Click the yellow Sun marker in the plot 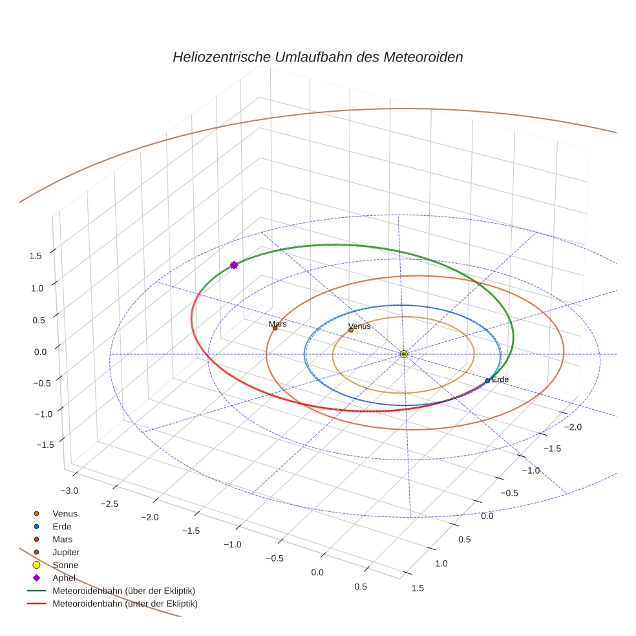pos(403,354)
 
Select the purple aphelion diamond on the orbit pos(234,265)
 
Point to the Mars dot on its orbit pos(275,328)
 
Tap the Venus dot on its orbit pos(351,330)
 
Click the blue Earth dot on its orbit pos(487,381)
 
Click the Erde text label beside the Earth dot pos(501,379)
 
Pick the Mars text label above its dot pos(278,324)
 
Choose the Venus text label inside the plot pos(359,326)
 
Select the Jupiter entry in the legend pos(66,552)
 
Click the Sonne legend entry pos(65,565)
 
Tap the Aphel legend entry pos(64,578)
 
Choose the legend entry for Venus pos(65,513)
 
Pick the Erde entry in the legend pos(62,526)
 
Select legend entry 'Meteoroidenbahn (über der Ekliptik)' pos(124,591)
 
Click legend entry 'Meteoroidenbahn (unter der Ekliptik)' pos(125,604)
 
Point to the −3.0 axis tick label pos(69,491)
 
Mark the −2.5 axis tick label pos(110,503)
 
